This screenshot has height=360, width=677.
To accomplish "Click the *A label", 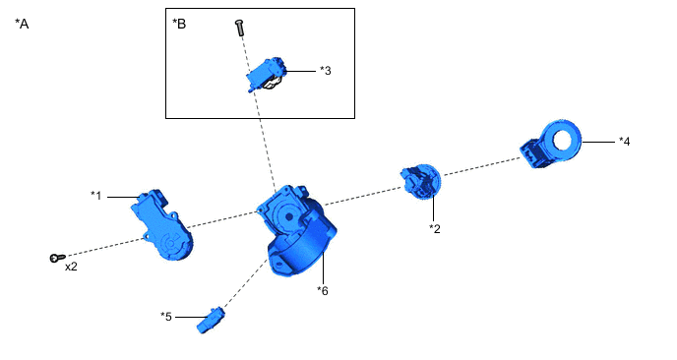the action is tap(22, 24).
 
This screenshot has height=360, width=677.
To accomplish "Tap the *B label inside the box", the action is tap(179, 24).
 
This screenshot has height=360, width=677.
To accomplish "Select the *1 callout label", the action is tap(95, 196).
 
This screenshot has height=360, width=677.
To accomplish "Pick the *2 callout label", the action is tap(435, 228).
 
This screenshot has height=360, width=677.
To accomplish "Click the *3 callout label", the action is tap(326, 71).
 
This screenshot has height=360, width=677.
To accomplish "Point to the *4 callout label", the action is tap(624, 142).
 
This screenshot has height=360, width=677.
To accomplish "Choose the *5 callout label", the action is tap(166, 317).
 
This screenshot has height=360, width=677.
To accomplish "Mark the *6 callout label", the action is tap(323, 290).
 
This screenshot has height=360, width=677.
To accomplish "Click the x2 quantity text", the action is tap(71, 267).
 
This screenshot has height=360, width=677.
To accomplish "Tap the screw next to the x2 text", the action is tap(57, 258).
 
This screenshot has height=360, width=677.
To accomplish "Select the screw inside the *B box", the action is tap(239, 28).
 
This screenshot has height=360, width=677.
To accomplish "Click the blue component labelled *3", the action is tap(266, 75).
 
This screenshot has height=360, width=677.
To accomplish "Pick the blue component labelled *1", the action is tap(161, 224).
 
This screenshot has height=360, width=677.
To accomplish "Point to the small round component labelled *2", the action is tap(420, 182).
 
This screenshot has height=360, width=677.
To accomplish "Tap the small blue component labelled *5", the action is tap(212, 320).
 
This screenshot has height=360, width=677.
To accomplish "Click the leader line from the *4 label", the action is tap(598, 142).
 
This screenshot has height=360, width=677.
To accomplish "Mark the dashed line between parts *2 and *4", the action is tap(482, 166).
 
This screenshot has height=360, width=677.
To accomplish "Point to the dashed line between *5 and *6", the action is tap(245, 282).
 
